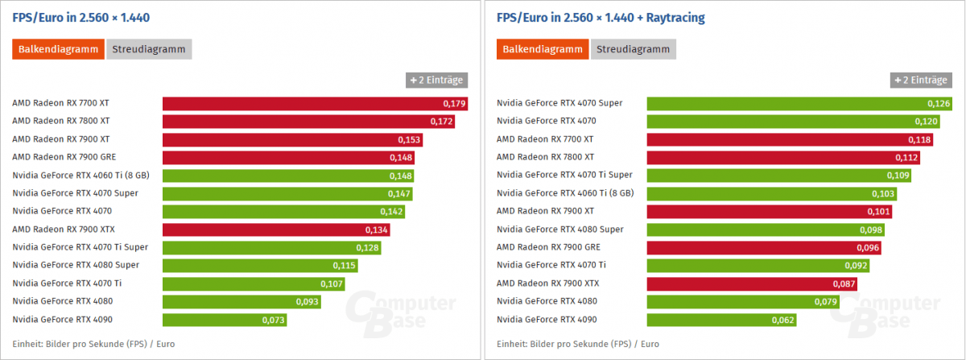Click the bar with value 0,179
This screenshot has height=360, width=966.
pyautogui.click(x=314, y=103)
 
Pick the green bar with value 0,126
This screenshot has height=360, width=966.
pyautogui.click(x=789, y=103)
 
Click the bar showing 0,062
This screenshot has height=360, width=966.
pyautogui.click(x=720, y=319)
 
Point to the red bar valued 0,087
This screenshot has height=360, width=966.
pyautogui.click(x=751, y=283)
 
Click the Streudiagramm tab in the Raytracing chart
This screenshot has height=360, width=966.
pyautogui.click(x=634, y=49)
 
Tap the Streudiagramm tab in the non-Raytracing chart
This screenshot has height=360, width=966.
pyautogui.click(x=149, y=49)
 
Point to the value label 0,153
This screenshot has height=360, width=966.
pyautogui.click(x=409, y=139)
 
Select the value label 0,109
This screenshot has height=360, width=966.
pyautogui.click(x=898, y=176)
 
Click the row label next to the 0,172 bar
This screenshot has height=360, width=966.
pyautogui.click(x=61, y=121)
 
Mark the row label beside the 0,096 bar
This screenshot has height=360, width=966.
pyautogui.click(x=547, y=247)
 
